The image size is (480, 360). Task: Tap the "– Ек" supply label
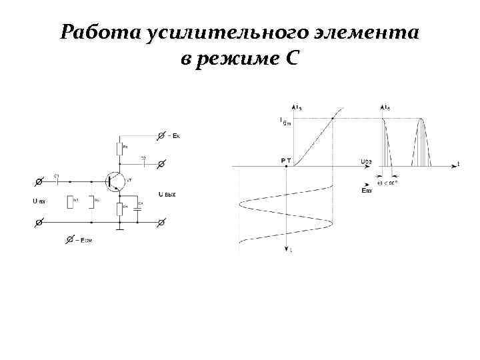(x=175, y=135)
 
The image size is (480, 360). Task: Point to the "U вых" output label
(x=167, y=195)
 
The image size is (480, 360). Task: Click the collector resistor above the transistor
(x=120, y=147)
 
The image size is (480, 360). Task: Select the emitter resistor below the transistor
(x=120, y=210)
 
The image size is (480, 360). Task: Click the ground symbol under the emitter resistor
(x=120, y=228)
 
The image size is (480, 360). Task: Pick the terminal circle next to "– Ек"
(x=160, y=135)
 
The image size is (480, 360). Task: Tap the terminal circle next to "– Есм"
(x=69, y=238)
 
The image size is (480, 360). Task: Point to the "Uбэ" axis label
(x=365, y=161)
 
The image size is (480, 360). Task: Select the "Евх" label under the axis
(x=365, y=191)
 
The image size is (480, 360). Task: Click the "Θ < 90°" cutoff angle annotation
(x=387, y=182)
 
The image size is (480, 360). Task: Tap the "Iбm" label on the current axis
(x=285, y=121)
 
